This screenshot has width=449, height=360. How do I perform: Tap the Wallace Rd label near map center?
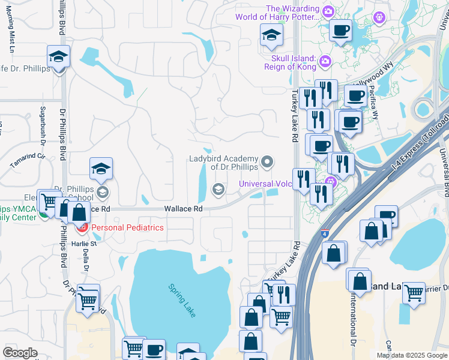(x=183, y=209)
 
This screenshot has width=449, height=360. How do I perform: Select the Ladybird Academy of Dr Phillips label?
(x=223, y=163)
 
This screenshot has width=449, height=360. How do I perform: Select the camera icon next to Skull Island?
(x=325, y=61)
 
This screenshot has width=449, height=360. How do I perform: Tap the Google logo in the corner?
(x=20, y=353)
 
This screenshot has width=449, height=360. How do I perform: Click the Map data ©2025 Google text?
(x=412, y=355)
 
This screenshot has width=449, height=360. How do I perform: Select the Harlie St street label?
(x=85, y=244)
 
